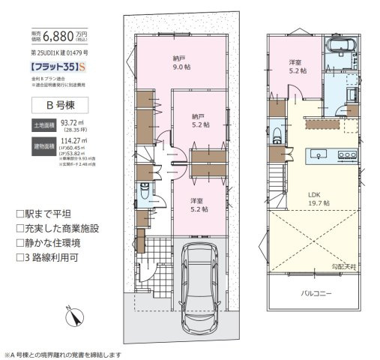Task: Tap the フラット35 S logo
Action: tap(53, 67)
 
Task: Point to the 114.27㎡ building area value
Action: tap(72, 139)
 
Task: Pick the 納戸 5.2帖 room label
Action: tap(199, 121)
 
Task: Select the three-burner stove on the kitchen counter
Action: tap(348, 154)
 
